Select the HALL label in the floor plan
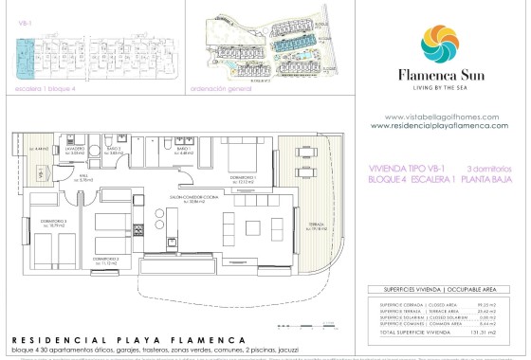pos(83,178)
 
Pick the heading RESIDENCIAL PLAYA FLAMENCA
pos(128,339)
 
